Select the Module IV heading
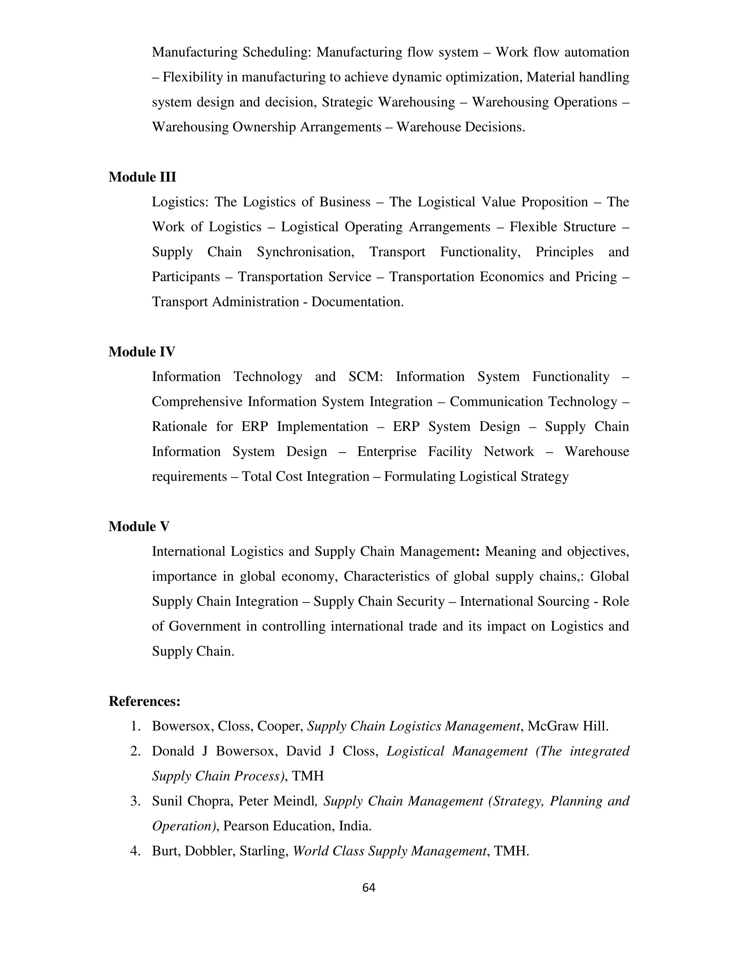click(142, 352)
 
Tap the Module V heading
click(139, 527)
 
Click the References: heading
click(144, 701)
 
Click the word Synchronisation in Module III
click(305, 252)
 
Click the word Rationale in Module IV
click(179, 427)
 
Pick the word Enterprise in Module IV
click(387, 452)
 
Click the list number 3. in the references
click(135, 801)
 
